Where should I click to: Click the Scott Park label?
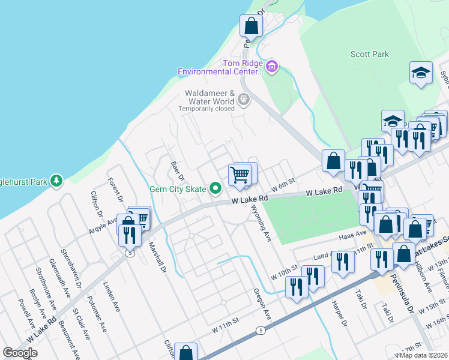(370, 54)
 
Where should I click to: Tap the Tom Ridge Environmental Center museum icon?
(272, 65)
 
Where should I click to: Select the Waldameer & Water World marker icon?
(243, 99)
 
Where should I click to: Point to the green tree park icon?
(56, 180)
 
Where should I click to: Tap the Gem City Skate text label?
(178, 190)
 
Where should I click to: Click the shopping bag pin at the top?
(250, 26)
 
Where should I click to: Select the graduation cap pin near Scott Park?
(421, 73)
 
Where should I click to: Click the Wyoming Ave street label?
(262, 223)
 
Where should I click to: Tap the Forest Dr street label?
(116, 190)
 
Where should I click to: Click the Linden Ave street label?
(112, 296)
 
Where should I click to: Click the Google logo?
(20, 353)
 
